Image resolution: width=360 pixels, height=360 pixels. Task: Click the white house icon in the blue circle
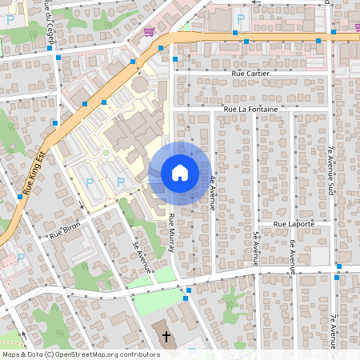click(x=179, y=173)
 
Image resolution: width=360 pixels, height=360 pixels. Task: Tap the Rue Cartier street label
click(x=250, y=73)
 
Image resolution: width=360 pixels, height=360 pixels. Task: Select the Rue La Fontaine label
click(x=250, y=108)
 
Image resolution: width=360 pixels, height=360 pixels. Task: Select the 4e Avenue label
click(x=212, y=191)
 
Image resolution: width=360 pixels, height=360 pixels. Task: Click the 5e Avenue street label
click(x=255, y=248)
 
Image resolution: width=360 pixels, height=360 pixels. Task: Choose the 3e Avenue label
click(x=143, y=255)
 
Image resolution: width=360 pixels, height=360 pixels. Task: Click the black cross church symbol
click(x=166, y=336)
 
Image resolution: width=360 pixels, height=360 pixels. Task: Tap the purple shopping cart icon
click(x=150, y=31)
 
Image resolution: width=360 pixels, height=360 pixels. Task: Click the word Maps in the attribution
click(x=12, y=354)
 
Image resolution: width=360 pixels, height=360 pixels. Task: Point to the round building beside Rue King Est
click(x=139, y=83)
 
